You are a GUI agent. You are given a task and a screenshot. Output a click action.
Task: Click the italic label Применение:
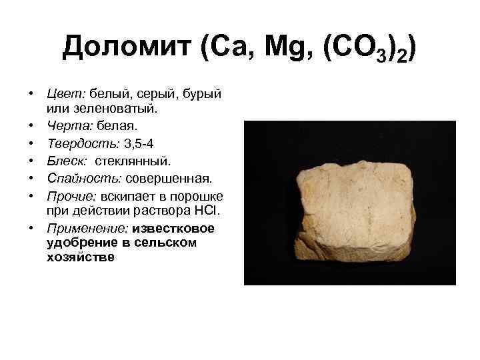pos(87,229)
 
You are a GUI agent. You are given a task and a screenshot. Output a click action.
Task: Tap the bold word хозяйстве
pos(81,257)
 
